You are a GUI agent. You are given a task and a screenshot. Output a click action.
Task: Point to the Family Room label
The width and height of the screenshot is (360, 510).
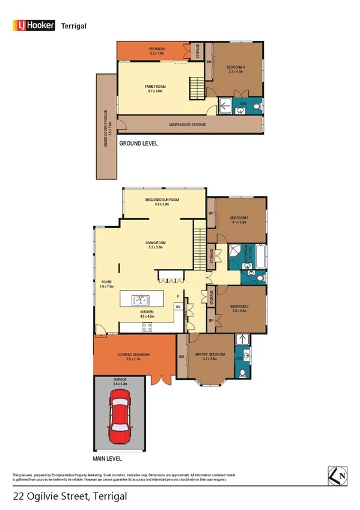click(155, 88)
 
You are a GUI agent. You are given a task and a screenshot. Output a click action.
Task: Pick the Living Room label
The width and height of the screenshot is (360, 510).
click(156, 245)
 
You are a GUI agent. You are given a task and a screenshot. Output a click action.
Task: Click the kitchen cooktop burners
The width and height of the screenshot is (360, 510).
click(147, 327)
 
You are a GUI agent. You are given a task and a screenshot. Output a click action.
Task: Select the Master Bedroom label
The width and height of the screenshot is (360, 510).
click(210, 357)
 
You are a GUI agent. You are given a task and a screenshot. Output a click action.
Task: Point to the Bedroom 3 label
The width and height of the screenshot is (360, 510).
click(239, 219)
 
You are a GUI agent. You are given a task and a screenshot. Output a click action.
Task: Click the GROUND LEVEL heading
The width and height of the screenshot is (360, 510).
click(138, 143)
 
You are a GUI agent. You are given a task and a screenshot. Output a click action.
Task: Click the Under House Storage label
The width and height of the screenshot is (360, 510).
click(188, 124)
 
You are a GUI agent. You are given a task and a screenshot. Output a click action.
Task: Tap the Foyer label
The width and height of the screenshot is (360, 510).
click(105, 281)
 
